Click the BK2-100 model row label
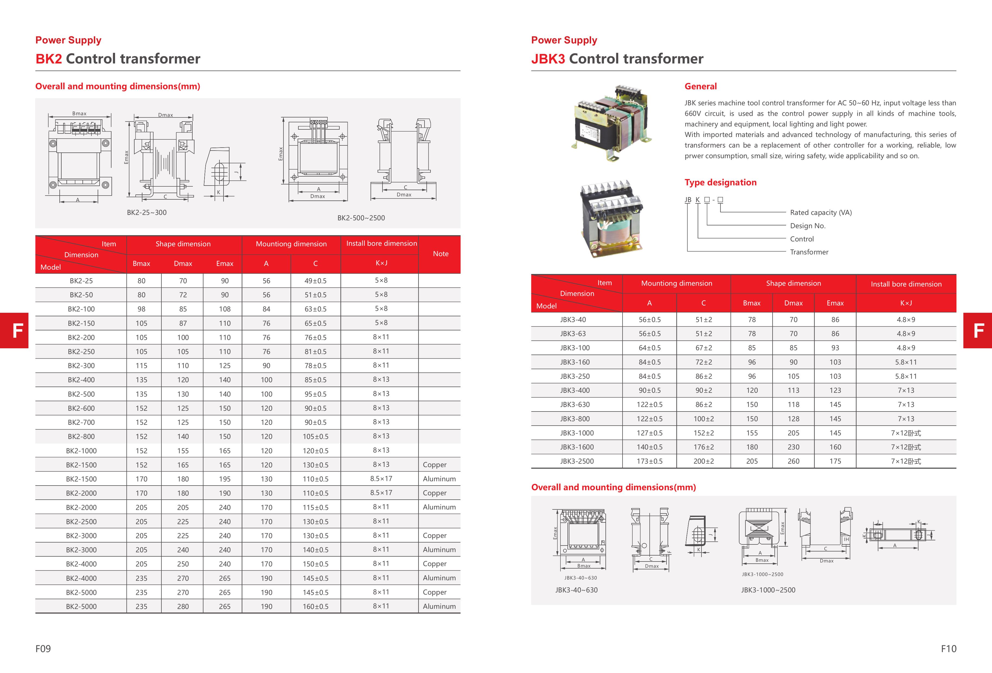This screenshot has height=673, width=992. pyautogui.click(x=81, y=309)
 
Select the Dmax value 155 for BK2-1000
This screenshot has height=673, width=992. pyautogui.click(x=183, y=451)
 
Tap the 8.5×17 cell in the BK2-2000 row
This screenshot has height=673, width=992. pyautogui.click(x=381, y=493)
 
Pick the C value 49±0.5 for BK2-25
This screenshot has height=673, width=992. pyautogui.click(x=315, y=281)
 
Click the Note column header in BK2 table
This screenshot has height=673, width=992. pyautogui.click(x=441, y=254)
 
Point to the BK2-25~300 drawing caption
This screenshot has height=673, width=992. pyautogui.click(x=146, y=212)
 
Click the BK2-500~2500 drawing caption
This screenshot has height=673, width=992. pyautogui.click(x=361, y=218)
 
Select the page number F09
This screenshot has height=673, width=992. pyautogui.click(x=43, y=649)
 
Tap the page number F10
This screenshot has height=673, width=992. pyautogui.click(x=948, y=649)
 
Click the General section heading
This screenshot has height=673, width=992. pyautogui.click(x=700, y=86)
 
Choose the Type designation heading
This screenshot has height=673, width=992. pyautogui.click(x=720, y=182)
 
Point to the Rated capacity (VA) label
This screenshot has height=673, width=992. pyautogui.click(x=820, y=212)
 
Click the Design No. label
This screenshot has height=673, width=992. pyautogui.click(x=808, y=226)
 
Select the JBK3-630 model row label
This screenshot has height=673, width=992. pyautogui.click(x=575, y=404)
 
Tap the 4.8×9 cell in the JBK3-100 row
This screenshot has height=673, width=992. pyautogui.click(x=906, y=348)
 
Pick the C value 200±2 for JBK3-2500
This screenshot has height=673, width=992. pyautogui.click(x=703, y=461)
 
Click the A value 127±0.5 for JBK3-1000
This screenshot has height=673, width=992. pyautogui.click(x=649, y=433)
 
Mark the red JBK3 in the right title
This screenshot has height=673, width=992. pyautogui.click(x=548, y=59)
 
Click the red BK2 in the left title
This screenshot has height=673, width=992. pyautogui.click(x=49, y=59)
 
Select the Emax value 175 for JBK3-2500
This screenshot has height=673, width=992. pyautogui.click(x=835, y=461)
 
